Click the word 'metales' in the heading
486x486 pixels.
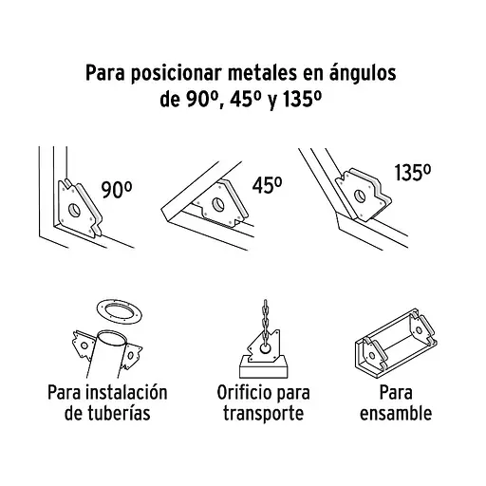coord(262,73)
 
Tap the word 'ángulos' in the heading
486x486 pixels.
coord(363,73)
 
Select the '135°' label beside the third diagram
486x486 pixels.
coord(412,173)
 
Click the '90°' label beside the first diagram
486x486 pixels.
coord(117,190)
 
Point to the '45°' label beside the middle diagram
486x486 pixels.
coord(267,185)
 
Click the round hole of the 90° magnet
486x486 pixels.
coord(74,209)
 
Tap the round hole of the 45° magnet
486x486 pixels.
coord(218,204)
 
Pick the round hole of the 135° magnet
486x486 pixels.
coord(360,196)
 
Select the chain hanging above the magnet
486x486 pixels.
coord(265,320)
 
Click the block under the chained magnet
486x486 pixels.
coord(264,367)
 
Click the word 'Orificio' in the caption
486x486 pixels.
coord(239,393)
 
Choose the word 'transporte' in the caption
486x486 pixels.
coord(263,414)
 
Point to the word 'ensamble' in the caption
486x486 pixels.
coord(396,414)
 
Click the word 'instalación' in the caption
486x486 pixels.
coord(127,392)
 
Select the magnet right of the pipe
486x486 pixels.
coord(130,356)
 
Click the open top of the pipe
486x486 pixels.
coord(111,338)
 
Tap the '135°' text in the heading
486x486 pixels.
coord(302,100)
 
